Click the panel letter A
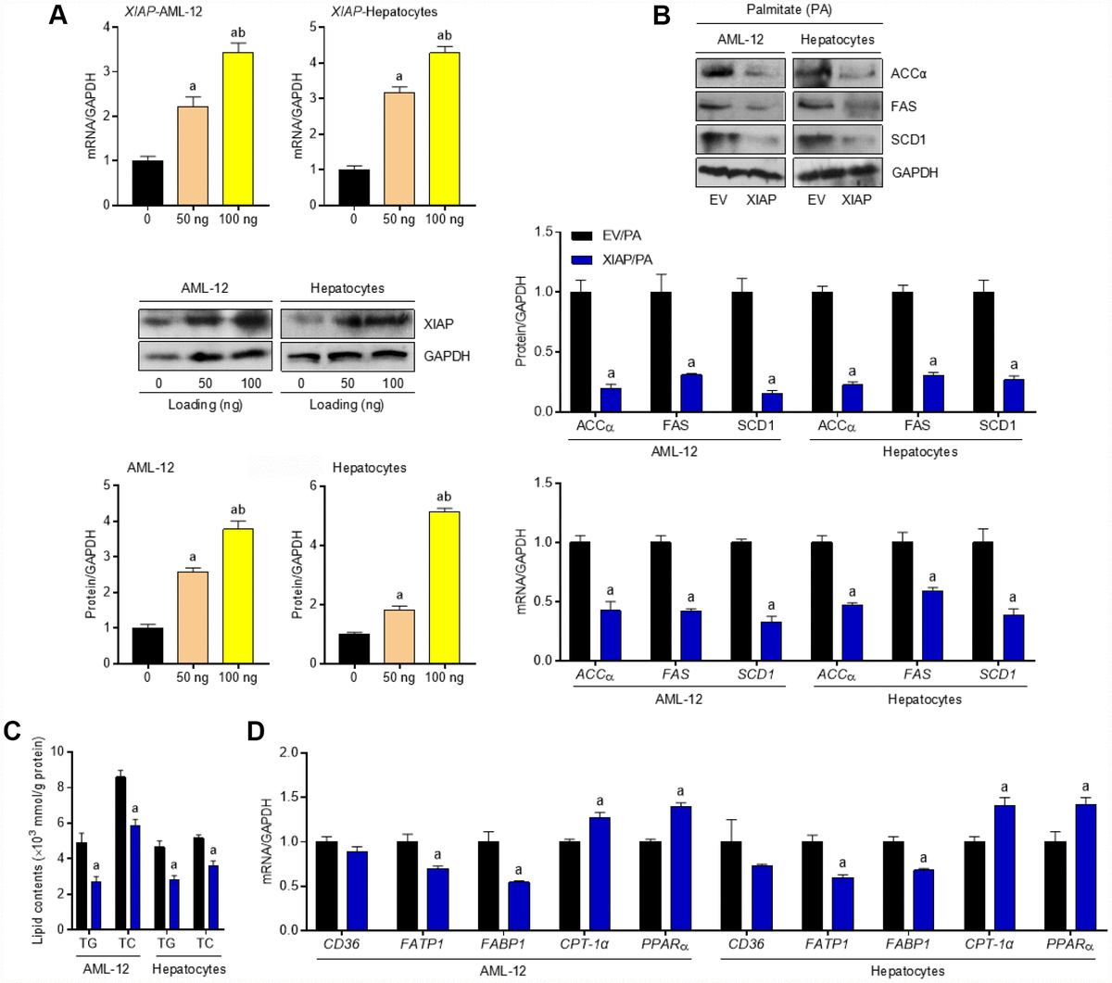[57, 15]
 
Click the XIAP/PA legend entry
[607, 260]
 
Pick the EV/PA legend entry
[607, 235]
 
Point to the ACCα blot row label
[908, 73]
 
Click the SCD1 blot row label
[908, 139]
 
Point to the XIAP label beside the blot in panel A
[438, 323]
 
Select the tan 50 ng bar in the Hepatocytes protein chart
[399, 636]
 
